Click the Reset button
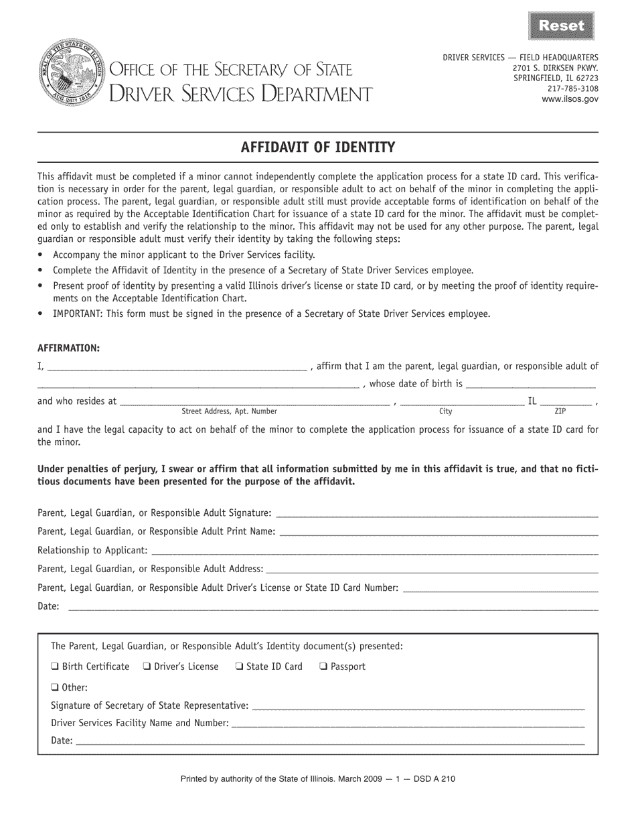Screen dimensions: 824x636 [562, 26]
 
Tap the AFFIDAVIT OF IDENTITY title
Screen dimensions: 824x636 [318, 147]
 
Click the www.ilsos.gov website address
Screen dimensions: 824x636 [570, 98]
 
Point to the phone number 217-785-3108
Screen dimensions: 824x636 [572, 88]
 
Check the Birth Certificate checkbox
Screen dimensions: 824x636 [55, 667]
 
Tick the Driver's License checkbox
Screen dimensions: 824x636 [147, 667]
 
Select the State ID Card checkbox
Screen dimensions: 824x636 [239, 667]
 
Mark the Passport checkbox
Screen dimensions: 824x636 [323, 667]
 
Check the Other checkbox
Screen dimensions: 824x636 [55, 687]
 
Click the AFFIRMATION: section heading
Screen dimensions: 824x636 [69, 348]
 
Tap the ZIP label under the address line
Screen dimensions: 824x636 [560, 411]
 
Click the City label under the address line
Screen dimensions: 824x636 [445, 411]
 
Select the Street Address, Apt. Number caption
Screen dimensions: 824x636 [229, 411]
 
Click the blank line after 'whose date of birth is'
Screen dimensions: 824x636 [530, 385]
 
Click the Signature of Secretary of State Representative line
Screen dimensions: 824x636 [418, 706]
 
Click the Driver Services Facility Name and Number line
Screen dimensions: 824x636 [408, 724]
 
